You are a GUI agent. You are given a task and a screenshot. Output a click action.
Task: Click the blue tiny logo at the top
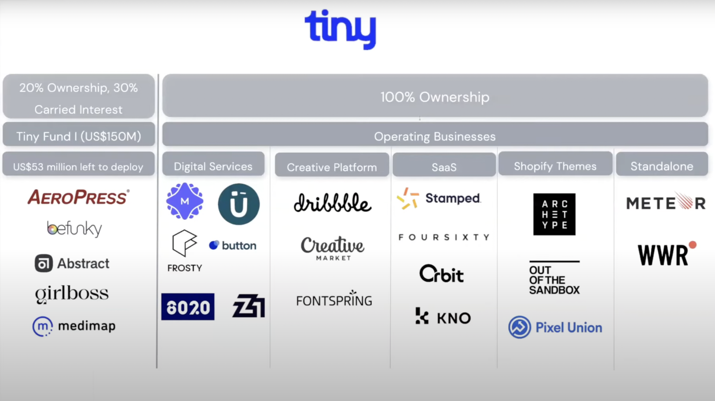coord(341,29)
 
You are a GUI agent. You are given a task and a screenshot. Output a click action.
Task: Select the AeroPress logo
coord(78,197)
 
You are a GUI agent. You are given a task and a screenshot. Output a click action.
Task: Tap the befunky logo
coord(74,229)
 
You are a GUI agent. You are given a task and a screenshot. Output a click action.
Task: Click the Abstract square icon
coord(44,263)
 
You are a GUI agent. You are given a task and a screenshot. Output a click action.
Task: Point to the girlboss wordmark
coord(72,294)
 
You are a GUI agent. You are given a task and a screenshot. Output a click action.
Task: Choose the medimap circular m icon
coord(42,326)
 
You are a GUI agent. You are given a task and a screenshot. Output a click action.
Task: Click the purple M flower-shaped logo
coord(185,201)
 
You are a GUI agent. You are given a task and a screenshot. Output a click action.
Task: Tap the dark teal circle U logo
coord(239,204)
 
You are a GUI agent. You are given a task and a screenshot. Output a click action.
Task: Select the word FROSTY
coord(185,268)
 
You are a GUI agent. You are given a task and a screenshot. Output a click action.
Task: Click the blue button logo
coord(233,245)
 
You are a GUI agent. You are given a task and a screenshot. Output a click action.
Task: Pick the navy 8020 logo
coord(188,306)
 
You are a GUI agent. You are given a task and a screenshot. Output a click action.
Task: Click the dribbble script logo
coord(333,203)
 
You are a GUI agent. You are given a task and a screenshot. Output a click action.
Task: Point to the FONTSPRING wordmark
coord(334,299)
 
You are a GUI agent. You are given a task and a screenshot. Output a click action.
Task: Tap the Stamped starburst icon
coord(407,198)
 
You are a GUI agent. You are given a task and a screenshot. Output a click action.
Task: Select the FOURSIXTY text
coord(444,237)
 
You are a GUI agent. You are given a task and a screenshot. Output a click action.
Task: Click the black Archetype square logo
coord(554,215)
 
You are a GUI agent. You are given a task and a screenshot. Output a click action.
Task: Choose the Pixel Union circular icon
coord(519,327)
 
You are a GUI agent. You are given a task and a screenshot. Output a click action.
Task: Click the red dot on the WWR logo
coord(693,244)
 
